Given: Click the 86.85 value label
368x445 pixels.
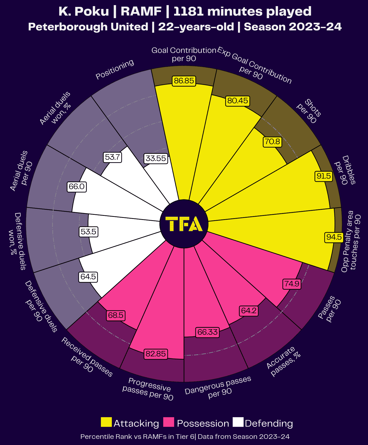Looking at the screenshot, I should [x=184, y=81].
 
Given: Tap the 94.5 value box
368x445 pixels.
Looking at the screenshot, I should [x=334, y=237].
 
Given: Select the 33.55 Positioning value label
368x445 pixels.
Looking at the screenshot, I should [x=156, y=158].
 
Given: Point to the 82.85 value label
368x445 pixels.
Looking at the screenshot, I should [x=156, y=354].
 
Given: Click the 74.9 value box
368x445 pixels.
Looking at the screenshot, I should [x=292, y=284].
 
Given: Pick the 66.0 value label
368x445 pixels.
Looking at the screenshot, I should [x=76, y=186].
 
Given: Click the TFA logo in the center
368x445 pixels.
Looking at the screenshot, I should [x=184, y=224].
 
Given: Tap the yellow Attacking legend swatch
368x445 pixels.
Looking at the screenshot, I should [x=106, y=422].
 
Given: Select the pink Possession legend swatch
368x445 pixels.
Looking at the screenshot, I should [x=169, y=422].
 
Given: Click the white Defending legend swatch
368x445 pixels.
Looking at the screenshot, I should [x=238, y=422].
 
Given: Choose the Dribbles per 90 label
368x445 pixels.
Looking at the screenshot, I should [x=345, y=170].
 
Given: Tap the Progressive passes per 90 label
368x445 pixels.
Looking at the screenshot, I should [x=148, y=389].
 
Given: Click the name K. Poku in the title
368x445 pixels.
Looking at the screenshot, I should [x=84, y=11].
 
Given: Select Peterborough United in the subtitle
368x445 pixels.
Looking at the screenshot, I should [x=88, y=27].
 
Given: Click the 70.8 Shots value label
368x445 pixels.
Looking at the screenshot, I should [x=272, y=142].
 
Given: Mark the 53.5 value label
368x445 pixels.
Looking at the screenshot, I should [x=88, y=232].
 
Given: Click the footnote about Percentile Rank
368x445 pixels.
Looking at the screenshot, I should [x=185, y=437].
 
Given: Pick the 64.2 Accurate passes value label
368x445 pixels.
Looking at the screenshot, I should [x=248, y=311].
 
